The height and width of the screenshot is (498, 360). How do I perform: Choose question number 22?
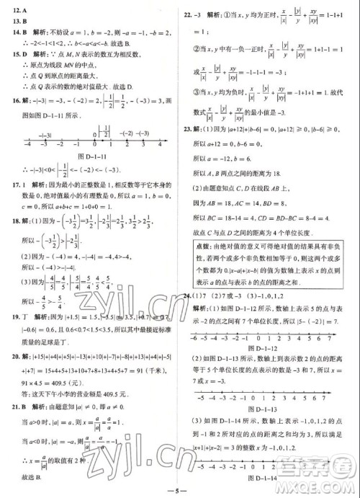(189, 13)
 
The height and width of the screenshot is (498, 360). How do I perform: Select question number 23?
(189, 130)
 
